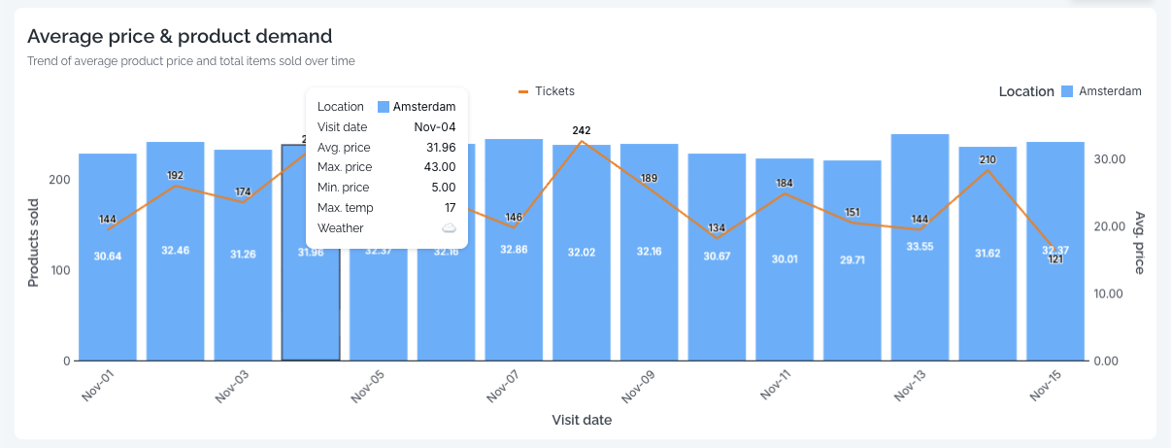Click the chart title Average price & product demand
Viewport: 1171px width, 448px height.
180,37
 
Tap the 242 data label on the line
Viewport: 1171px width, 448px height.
582,130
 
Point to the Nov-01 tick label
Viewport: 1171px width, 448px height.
97,388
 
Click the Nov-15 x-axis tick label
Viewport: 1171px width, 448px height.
1045,388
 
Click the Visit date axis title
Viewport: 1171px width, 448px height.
582,421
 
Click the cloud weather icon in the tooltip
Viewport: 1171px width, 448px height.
449,228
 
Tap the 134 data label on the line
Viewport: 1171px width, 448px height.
717,228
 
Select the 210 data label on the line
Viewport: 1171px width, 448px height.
987,159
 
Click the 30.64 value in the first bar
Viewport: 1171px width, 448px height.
108,257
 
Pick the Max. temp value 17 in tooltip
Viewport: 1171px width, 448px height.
449,208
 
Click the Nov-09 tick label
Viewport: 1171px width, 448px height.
638,388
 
